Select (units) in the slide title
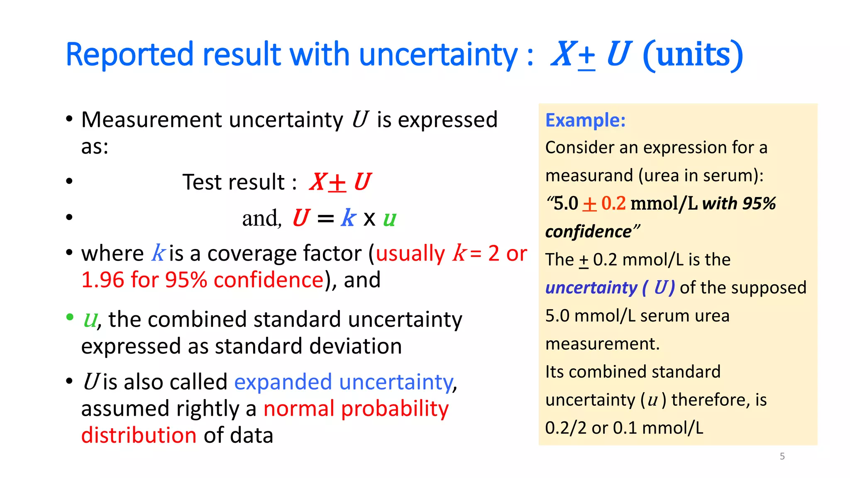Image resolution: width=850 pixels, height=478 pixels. pyautogui.click(x=692, y=54)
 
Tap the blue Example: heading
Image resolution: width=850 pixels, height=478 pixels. pyautogui.click(x=585, y=120)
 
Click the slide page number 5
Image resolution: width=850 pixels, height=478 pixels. pyautogui.click(x=782, y=456)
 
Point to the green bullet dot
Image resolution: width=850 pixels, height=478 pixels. pyautogui.click(x=70, y=317)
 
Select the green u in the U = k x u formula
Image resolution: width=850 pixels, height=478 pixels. pyautogui.click(x=389, y=218)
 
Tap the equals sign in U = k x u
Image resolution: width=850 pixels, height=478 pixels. pyautogui.click(x=325, y=219)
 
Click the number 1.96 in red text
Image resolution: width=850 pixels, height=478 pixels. pyautogui.click(x=103, y=280)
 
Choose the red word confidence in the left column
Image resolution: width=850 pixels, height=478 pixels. pyautogui.click(x=269, y=280)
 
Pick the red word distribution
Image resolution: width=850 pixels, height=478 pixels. pyautogui.click(x=139, y=435)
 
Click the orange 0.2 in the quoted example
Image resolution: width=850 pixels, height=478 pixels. pyautogui.click(x=613, y=204)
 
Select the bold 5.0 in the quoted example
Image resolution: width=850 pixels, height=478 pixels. pyautogui.click(x=566, y=204)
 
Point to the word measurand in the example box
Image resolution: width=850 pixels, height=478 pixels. pyautogui.click(x=589, y=176)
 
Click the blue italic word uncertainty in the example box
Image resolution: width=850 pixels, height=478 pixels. pyautogui.click(x=591, y=288)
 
